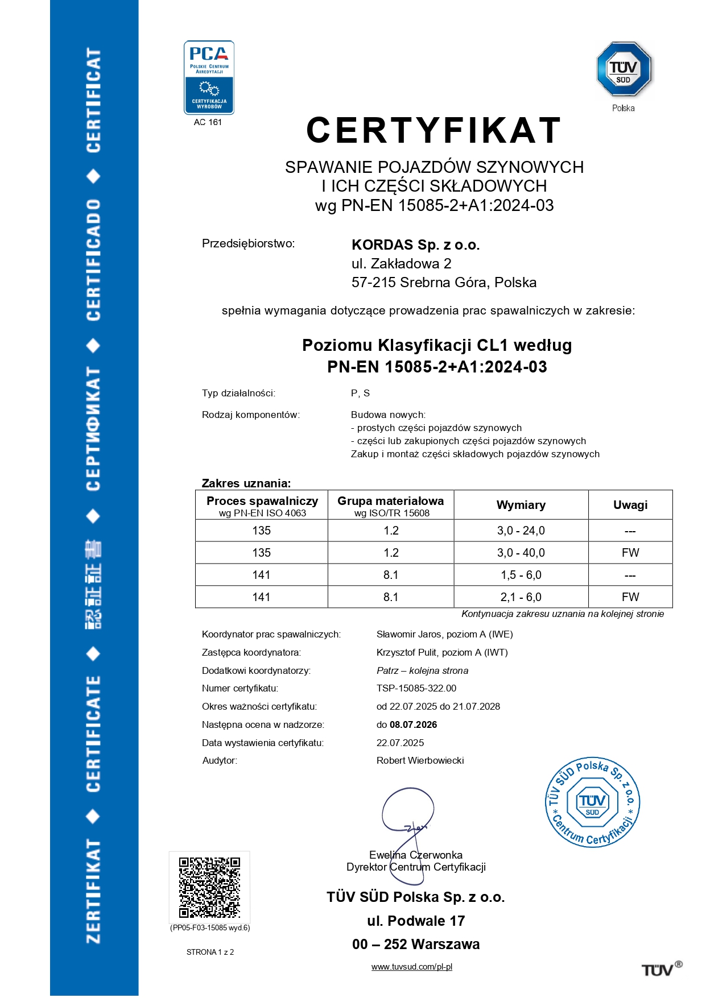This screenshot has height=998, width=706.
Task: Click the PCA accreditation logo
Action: (x=209, y=77)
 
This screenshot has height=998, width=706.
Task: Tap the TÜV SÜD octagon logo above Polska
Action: (x=624, y=69)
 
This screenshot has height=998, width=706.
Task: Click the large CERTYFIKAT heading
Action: (x=433, y=130)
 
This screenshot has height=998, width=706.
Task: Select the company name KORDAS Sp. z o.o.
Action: (x=415, y=245)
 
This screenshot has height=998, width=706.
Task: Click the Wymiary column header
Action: (x=521, y=505)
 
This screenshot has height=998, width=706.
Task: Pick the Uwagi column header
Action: (x=630, y=505)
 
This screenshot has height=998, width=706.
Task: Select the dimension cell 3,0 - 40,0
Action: (x=521, y=553)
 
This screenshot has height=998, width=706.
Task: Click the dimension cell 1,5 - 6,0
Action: (x=521, y=575)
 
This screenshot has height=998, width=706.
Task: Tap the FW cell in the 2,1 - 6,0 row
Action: (x=630, y=597)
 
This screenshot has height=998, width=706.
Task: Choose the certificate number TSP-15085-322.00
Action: (x=416, y=688)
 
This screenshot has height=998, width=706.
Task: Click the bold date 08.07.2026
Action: (x=414, y=724)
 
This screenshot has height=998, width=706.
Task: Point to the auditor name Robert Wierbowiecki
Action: (x=420, y=760)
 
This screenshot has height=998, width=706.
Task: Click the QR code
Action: (x=209, y=887)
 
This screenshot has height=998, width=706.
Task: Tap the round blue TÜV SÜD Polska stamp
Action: (x=592, y=802)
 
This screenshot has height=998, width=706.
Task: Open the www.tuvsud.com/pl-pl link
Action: (x=411, y=967)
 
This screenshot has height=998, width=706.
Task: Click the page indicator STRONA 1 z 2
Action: (x=210, y=952)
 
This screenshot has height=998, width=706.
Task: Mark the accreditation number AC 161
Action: (x=208, y=122)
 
